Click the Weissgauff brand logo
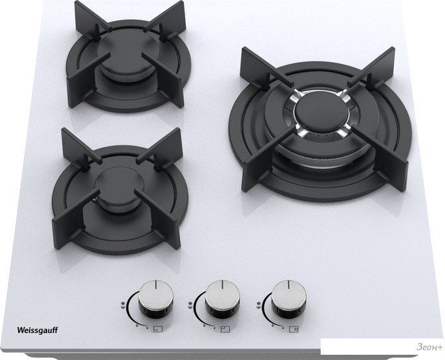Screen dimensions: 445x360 (37, 330)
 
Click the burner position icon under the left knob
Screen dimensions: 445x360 (158, 329)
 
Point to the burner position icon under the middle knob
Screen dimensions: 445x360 (225, 329)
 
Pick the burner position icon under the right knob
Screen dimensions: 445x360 (294, 329)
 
